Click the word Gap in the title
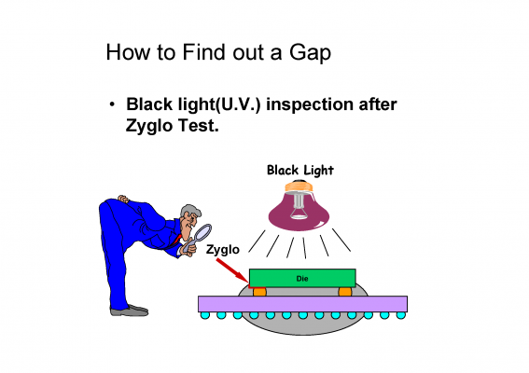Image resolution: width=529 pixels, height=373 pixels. click(x=310, y=53)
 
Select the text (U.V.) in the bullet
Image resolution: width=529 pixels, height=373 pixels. click(x=238, y=104)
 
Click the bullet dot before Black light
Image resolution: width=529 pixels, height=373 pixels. click(x=112, y=104)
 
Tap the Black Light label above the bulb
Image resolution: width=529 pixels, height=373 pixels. click(x=300, y=171)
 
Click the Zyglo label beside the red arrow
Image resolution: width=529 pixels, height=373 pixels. click(x=223, y=250)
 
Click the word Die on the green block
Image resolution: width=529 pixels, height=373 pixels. click(x=302, y=279)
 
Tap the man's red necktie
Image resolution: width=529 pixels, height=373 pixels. click(x=177, y=239)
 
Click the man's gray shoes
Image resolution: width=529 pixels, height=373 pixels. click(x=130, y=311)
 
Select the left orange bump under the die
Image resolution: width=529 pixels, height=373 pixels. click(x=259, y=292)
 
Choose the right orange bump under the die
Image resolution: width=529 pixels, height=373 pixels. click(x=345, y=292)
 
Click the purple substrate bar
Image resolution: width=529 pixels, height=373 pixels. click(x=302, y=304)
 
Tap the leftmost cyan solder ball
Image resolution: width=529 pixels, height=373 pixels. click(x=204, y=315)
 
